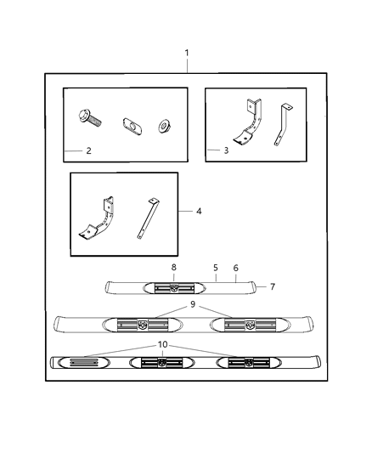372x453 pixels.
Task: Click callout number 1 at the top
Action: [x=187, y=54]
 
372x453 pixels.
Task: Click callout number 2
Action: [x=88, y=150]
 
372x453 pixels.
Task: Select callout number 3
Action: [x=225, y=150]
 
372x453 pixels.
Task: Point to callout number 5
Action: [x=216, y=267]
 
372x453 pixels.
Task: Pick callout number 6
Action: [x=236, y=267]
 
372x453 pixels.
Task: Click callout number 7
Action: [x=272, y=286]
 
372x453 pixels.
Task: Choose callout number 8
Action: [x=174, y=267]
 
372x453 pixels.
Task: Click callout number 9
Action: [x=193, y=303]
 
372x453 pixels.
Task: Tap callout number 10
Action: [x=163, y=344]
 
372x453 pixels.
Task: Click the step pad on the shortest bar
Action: [x=174, y=287]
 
